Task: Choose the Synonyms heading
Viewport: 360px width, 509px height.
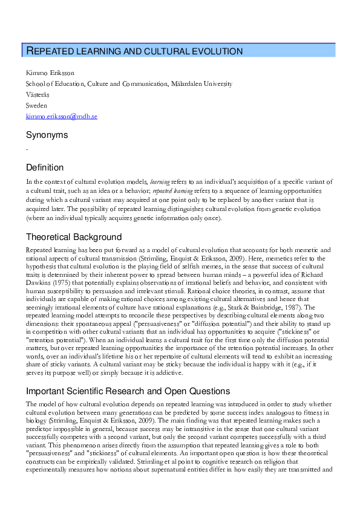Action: click(47, 135)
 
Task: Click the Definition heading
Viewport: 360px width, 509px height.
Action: click(45, 167)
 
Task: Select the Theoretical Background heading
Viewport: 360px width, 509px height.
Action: click(74, 237)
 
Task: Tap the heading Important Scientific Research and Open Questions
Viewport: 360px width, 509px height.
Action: click(128, 391)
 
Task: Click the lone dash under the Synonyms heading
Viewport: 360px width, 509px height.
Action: click(27, 149)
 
